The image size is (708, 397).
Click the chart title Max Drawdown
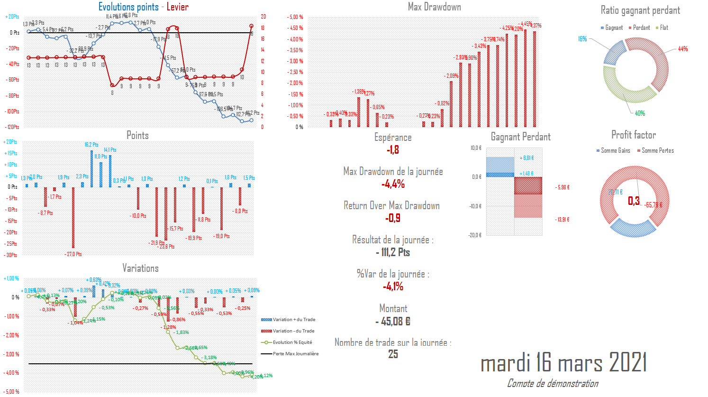434,7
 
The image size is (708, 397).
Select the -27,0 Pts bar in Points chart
73,218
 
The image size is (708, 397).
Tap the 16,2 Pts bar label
91,145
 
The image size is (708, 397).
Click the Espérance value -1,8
393,150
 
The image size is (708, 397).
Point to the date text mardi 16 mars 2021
563,363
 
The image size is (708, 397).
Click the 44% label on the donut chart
682,49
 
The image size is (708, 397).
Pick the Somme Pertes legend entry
657,150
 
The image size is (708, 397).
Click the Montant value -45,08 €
393,321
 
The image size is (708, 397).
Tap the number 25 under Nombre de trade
393,354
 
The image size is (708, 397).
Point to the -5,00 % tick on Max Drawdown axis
295,17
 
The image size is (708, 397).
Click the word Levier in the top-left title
177,7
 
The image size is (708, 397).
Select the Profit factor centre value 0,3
634,201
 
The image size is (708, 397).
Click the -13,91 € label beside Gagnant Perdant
563,220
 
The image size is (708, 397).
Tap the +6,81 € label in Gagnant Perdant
526,158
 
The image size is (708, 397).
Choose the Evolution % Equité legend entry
292,342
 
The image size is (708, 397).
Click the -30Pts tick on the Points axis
11,255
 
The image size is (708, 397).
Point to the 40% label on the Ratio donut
640,113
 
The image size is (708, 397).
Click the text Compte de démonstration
553,383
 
